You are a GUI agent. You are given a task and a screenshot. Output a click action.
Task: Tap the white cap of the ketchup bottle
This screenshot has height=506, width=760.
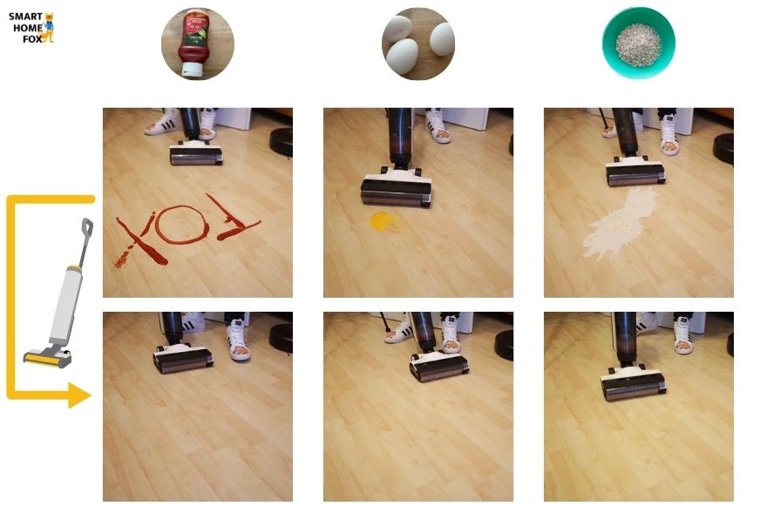pos(191,66)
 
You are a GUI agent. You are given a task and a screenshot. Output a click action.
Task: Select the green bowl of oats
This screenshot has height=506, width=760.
pos(639,43)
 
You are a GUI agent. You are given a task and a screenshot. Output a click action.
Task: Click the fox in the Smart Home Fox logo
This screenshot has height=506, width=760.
pos(49,27)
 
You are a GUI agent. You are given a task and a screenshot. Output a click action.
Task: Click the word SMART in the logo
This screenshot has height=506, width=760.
pos(24,17)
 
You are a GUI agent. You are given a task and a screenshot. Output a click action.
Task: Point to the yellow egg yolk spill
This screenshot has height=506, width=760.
pos(383,220)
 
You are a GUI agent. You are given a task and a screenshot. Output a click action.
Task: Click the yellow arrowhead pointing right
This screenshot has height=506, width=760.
pos(79,395)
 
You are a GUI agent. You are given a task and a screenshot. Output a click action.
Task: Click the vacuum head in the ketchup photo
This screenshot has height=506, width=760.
pos(196,154)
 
